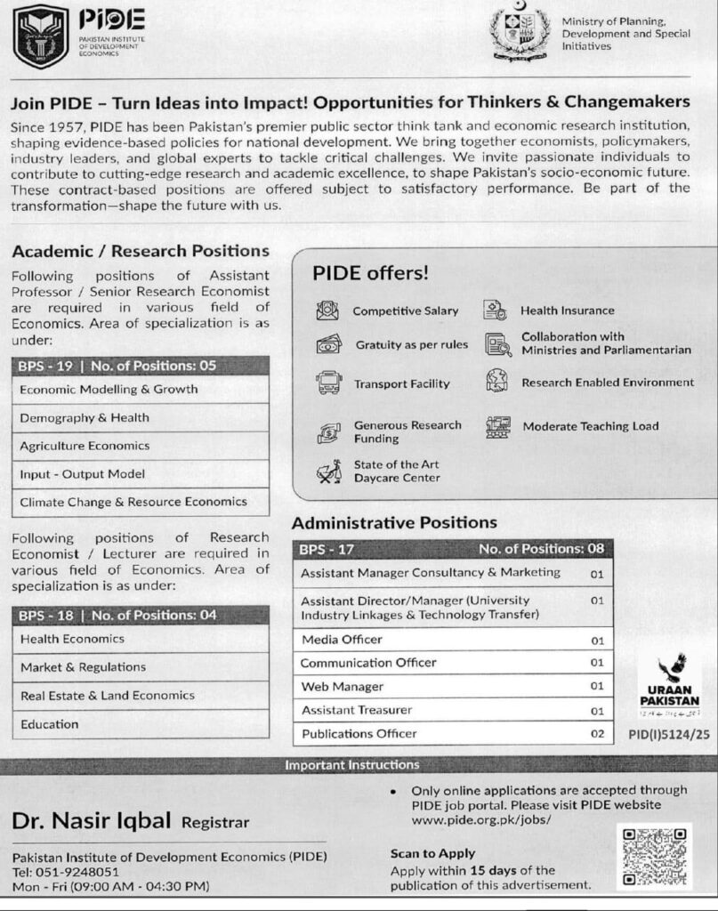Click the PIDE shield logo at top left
point(41,36)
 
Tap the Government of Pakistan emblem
point(520,33)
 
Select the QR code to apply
point(654,857)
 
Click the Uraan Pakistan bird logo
point(670,669)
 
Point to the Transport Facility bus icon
point(328,383)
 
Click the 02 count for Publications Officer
point(596,734)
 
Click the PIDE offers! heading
point(370,273)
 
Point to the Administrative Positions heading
point(394,522)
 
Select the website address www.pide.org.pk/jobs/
point(481,818)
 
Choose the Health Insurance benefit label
point(567,310)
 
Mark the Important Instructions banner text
point(351,764)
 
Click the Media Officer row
point(342,640)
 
